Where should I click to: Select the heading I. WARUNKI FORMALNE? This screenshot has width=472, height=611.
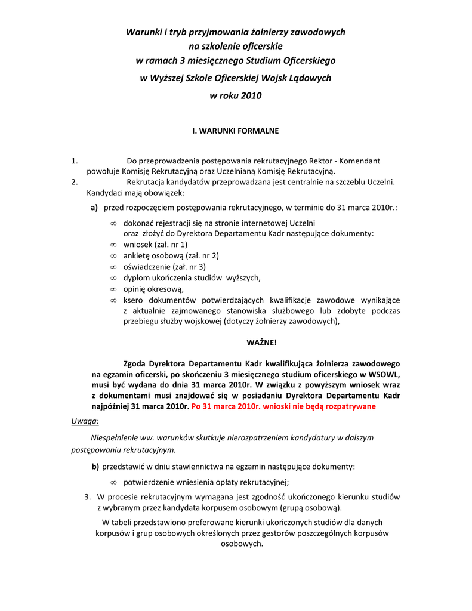(235, 130)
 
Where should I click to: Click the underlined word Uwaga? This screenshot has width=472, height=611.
(85, 421)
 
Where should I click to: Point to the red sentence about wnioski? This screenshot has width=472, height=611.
(283, 406)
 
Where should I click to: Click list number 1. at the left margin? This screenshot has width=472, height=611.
(75, 161)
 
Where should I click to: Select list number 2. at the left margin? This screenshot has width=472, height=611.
(75, 182)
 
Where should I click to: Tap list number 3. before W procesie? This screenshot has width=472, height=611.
(88, 496)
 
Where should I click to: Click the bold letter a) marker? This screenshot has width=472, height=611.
(94, 208)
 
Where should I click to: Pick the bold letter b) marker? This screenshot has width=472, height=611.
(95, 465)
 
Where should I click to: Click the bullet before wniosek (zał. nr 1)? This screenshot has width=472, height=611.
(113, 245)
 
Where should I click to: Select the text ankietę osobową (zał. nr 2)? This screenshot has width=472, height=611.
(171, 255)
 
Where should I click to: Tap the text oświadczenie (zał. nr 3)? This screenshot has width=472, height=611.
(164, 267)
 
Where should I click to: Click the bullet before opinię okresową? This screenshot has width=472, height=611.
(113, 289)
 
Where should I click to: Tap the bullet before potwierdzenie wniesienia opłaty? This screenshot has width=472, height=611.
(113, 483)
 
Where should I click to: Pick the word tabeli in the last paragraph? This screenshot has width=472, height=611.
(128, 523)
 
